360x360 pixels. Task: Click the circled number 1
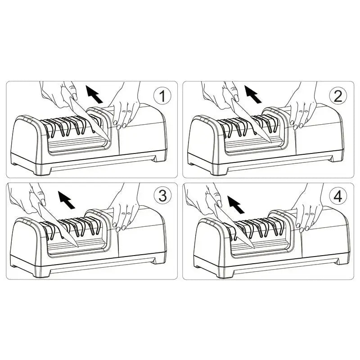point(162,96)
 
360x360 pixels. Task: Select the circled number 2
point(338,96)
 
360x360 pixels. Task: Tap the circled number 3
point(162,196)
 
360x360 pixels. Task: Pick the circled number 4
point(338,196)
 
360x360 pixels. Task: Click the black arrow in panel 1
point(94,94)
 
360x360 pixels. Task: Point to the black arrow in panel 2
point(253,94)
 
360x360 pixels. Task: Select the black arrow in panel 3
point(66,200)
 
